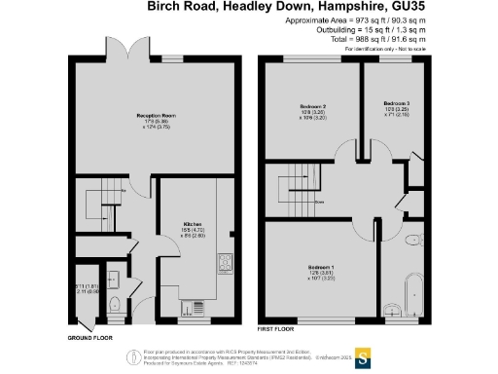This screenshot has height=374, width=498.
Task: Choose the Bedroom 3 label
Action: click(397, 103)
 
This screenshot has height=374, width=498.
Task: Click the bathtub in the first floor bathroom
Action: click(413, 295)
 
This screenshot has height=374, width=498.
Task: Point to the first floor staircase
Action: click(297, 186)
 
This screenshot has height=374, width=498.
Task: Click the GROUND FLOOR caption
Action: click(89, 338)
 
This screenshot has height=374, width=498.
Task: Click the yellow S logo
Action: click(365, 355)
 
